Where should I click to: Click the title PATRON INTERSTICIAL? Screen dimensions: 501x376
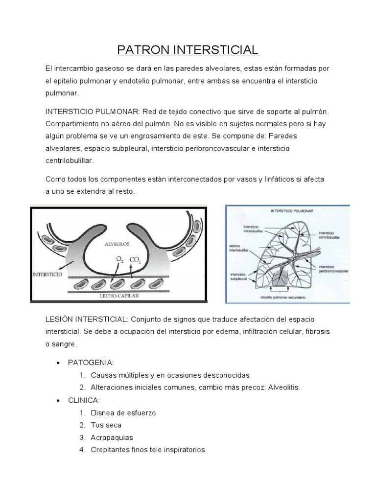click(188, 50)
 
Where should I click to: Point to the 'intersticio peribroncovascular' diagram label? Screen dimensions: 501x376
click(332, 269)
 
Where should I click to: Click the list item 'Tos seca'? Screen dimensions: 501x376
click(106, 425)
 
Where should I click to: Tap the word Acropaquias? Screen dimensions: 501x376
click(112, 437)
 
